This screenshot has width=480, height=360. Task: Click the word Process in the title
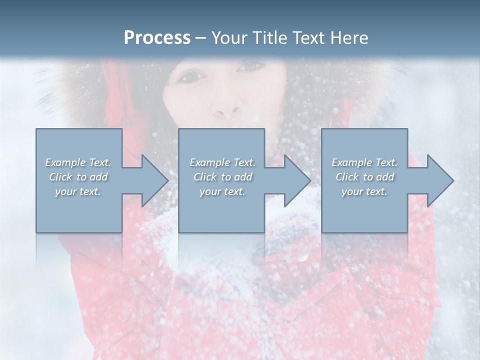coord(157,38)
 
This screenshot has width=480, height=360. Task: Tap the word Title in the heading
coord(270,38)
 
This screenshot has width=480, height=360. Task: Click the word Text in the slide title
coord(307,38)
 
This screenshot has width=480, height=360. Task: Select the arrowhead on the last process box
coord(439,180)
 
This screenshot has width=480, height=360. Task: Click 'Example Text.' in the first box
coord(78,162)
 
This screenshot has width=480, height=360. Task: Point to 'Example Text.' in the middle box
coord(222,162)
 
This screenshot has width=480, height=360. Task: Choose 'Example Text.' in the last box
coord(364,162)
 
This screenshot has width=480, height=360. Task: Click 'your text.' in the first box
coord(78,191)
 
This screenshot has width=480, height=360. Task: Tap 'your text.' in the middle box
coord(222,191)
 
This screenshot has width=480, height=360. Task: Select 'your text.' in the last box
coord(364,191)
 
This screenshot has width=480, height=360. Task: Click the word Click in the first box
coord(60,177)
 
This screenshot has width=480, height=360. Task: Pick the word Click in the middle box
coord(205,177)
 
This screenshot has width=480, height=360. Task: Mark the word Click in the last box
coord(347,177)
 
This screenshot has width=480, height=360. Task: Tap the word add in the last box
coord(385,177)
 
